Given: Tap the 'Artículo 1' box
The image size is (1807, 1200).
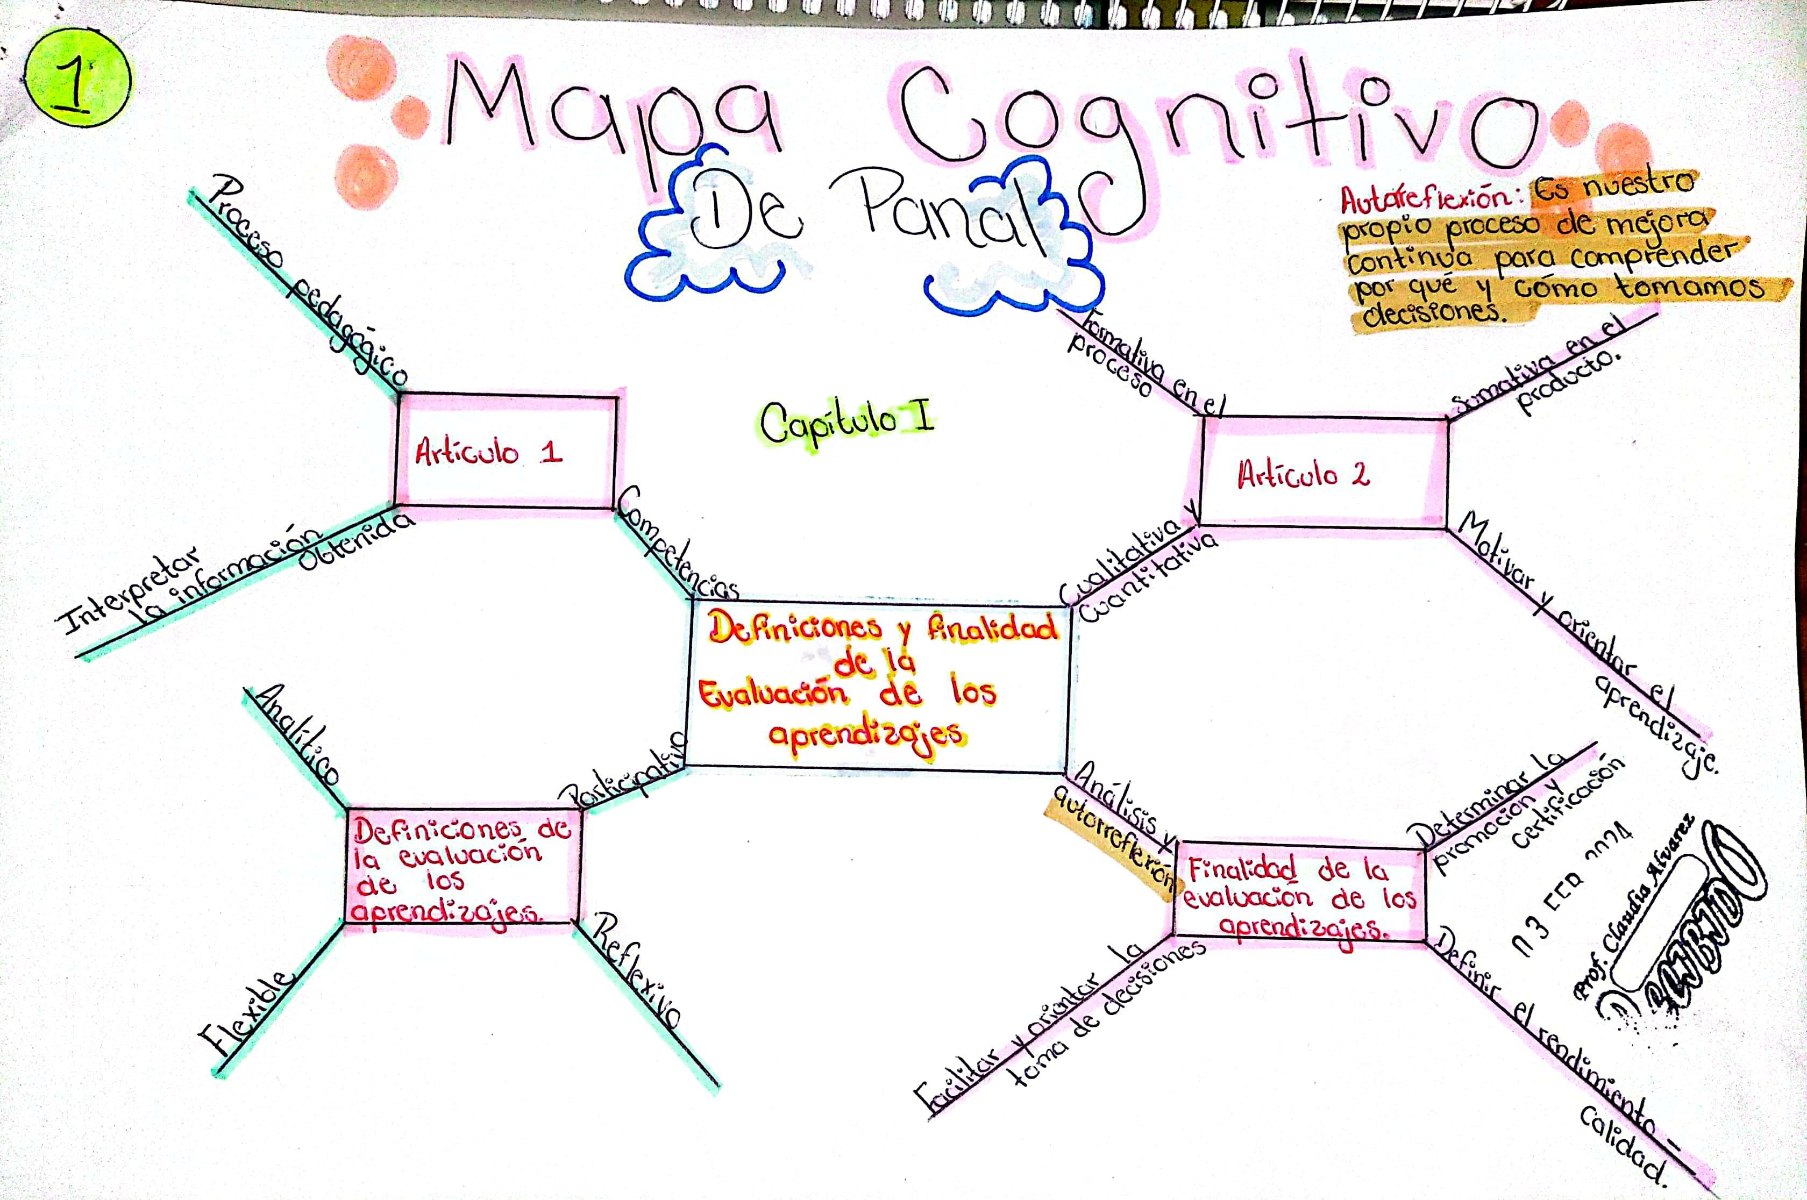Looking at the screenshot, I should pos(506,452).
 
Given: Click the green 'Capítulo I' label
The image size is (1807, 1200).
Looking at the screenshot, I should pos(846,423).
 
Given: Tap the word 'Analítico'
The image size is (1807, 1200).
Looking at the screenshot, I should pos(298,735).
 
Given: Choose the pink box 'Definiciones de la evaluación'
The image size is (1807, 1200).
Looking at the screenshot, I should pos(461,869).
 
